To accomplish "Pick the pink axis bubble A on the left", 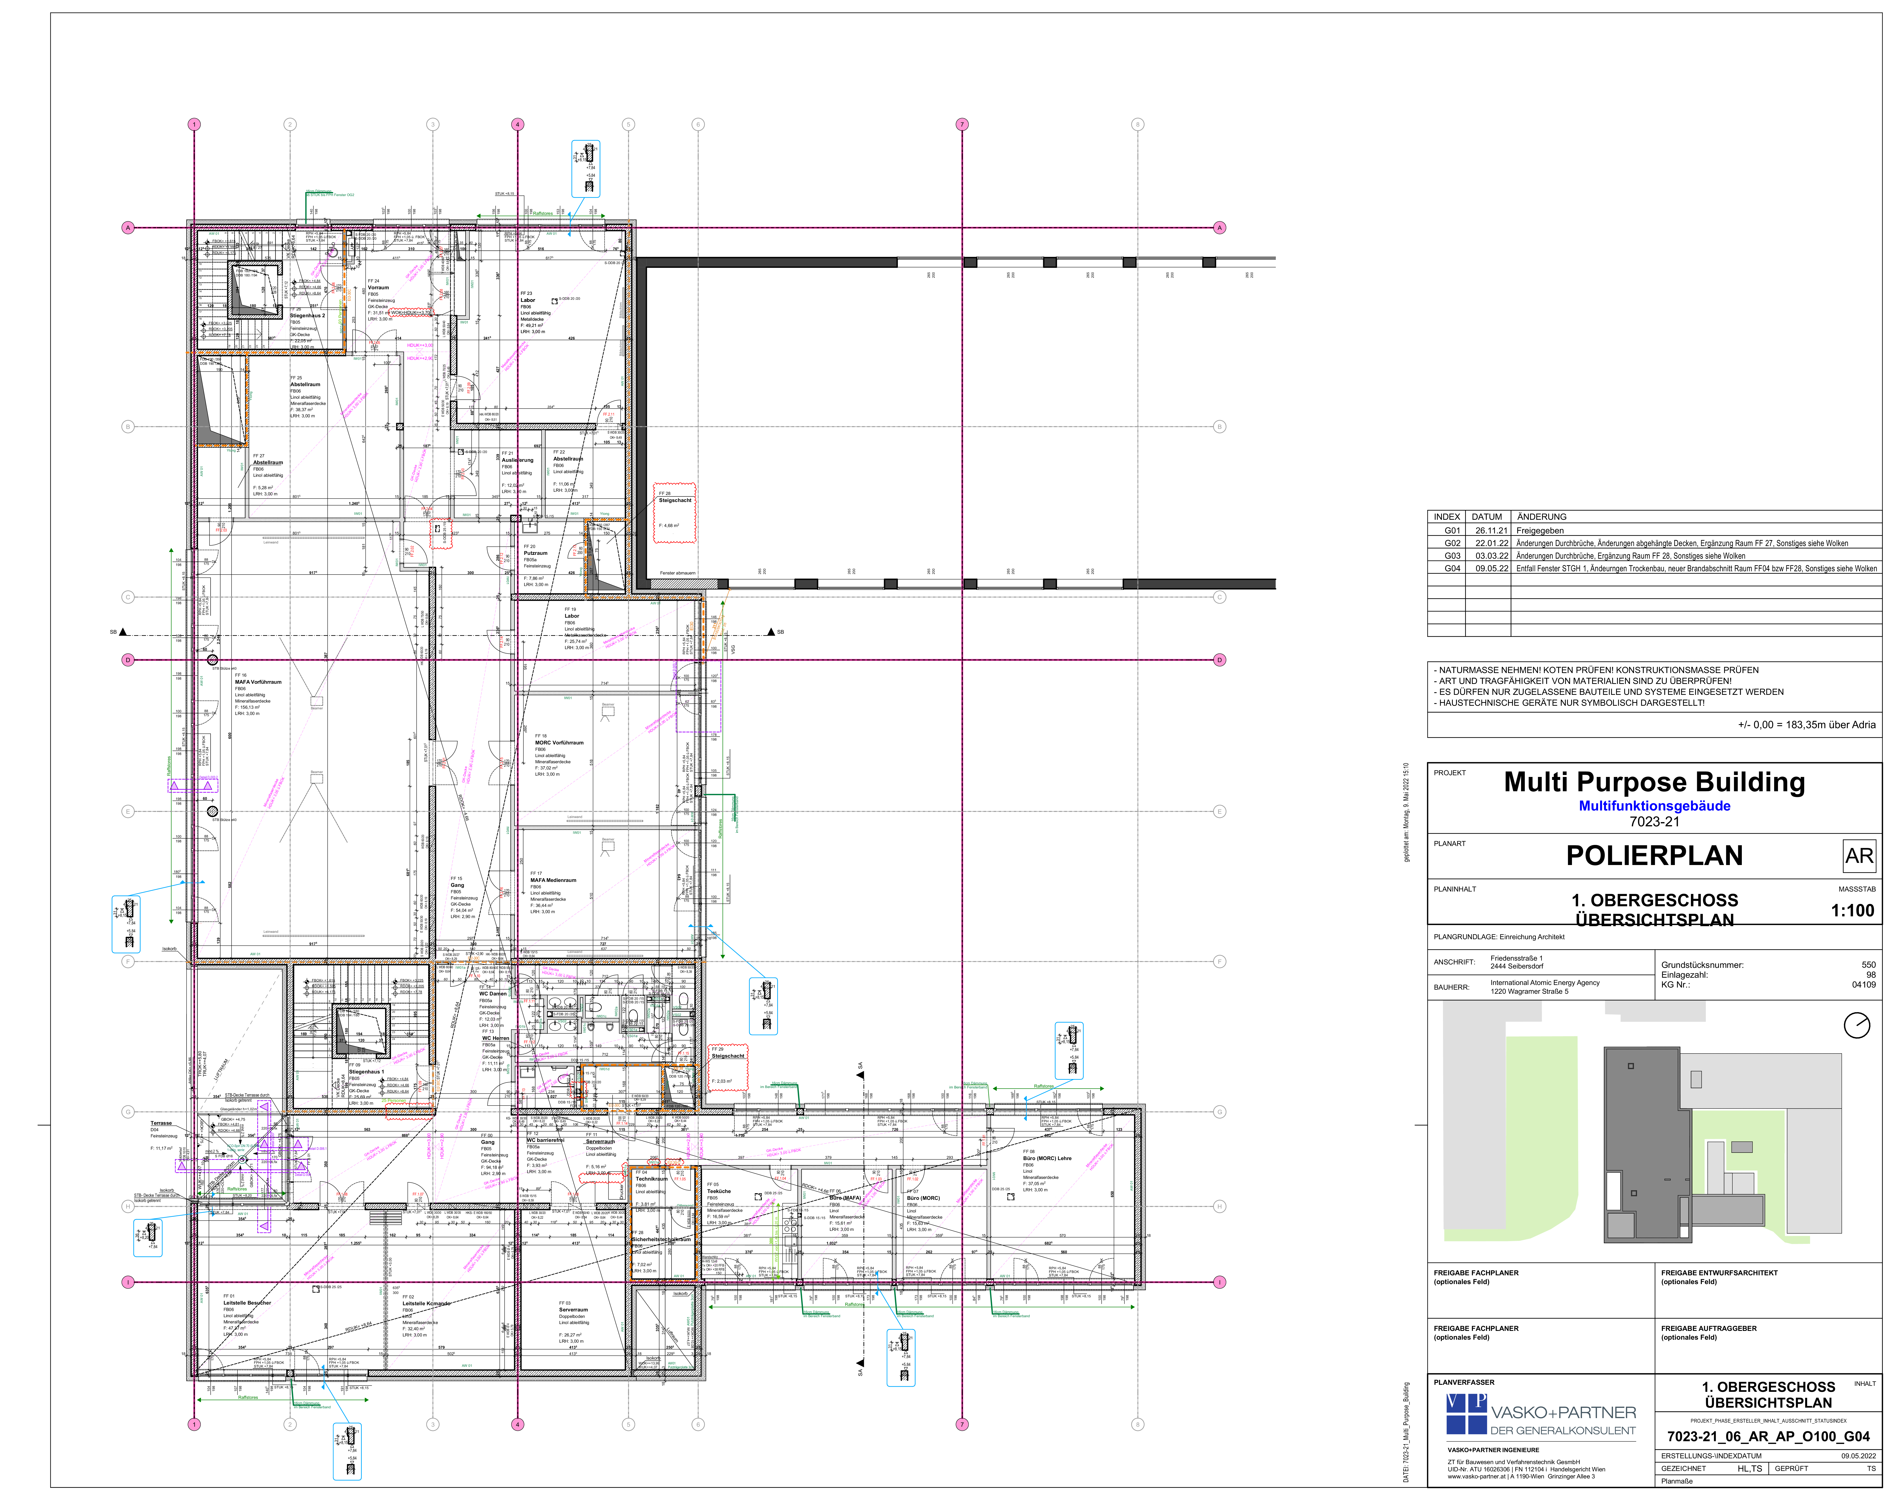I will coord(127,227).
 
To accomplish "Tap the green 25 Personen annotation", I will coord(394,1100).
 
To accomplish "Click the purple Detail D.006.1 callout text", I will coord(207,777).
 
